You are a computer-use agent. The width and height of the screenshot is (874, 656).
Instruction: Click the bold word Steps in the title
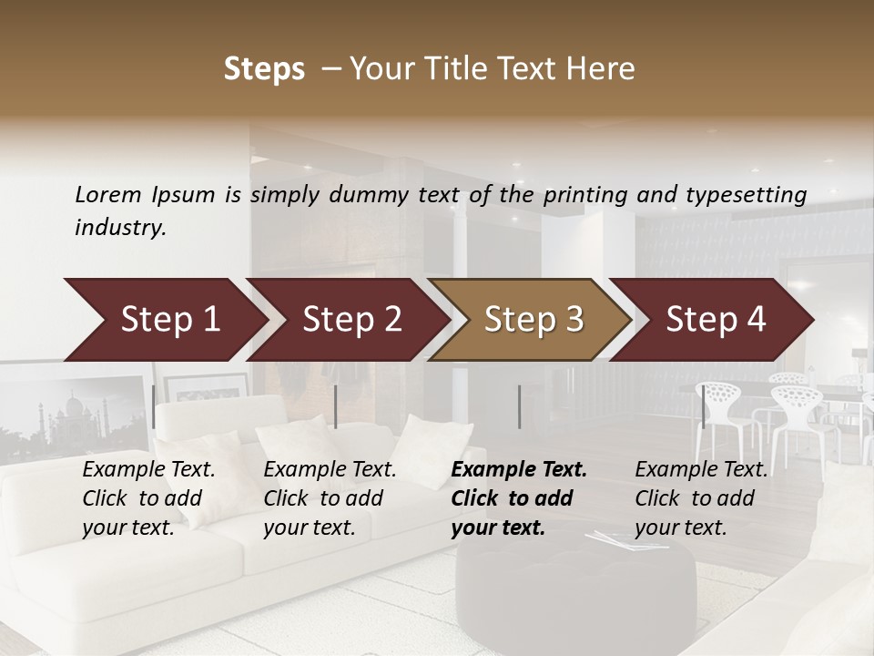tap(264, 69)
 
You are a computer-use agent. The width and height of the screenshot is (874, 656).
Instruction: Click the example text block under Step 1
tap(147, 498)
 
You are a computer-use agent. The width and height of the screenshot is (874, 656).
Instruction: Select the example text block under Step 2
tap(329, 498)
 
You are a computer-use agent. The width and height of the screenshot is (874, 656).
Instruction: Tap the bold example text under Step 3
tap(518, 498)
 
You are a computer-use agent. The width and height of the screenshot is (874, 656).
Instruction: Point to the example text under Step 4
tap(700, 498)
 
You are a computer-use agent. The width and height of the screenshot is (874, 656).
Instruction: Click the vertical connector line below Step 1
tap(154, 406)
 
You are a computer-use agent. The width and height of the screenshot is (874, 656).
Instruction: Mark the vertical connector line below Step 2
tap(336, 406)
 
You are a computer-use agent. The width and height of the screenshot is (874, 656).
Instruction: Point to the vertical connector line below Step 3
tap(519, 406)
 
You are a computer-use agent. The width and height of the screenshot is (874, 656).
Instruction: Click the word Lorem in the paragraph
tap(108, 194)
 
